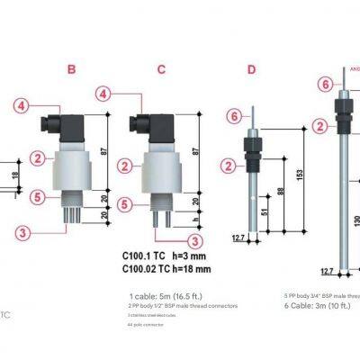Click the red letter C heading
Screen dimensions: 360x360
(161, 68)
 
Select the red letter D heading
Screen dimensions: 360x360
(251, 68)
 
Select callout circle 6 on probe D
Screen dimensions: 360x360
(232, 116)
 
